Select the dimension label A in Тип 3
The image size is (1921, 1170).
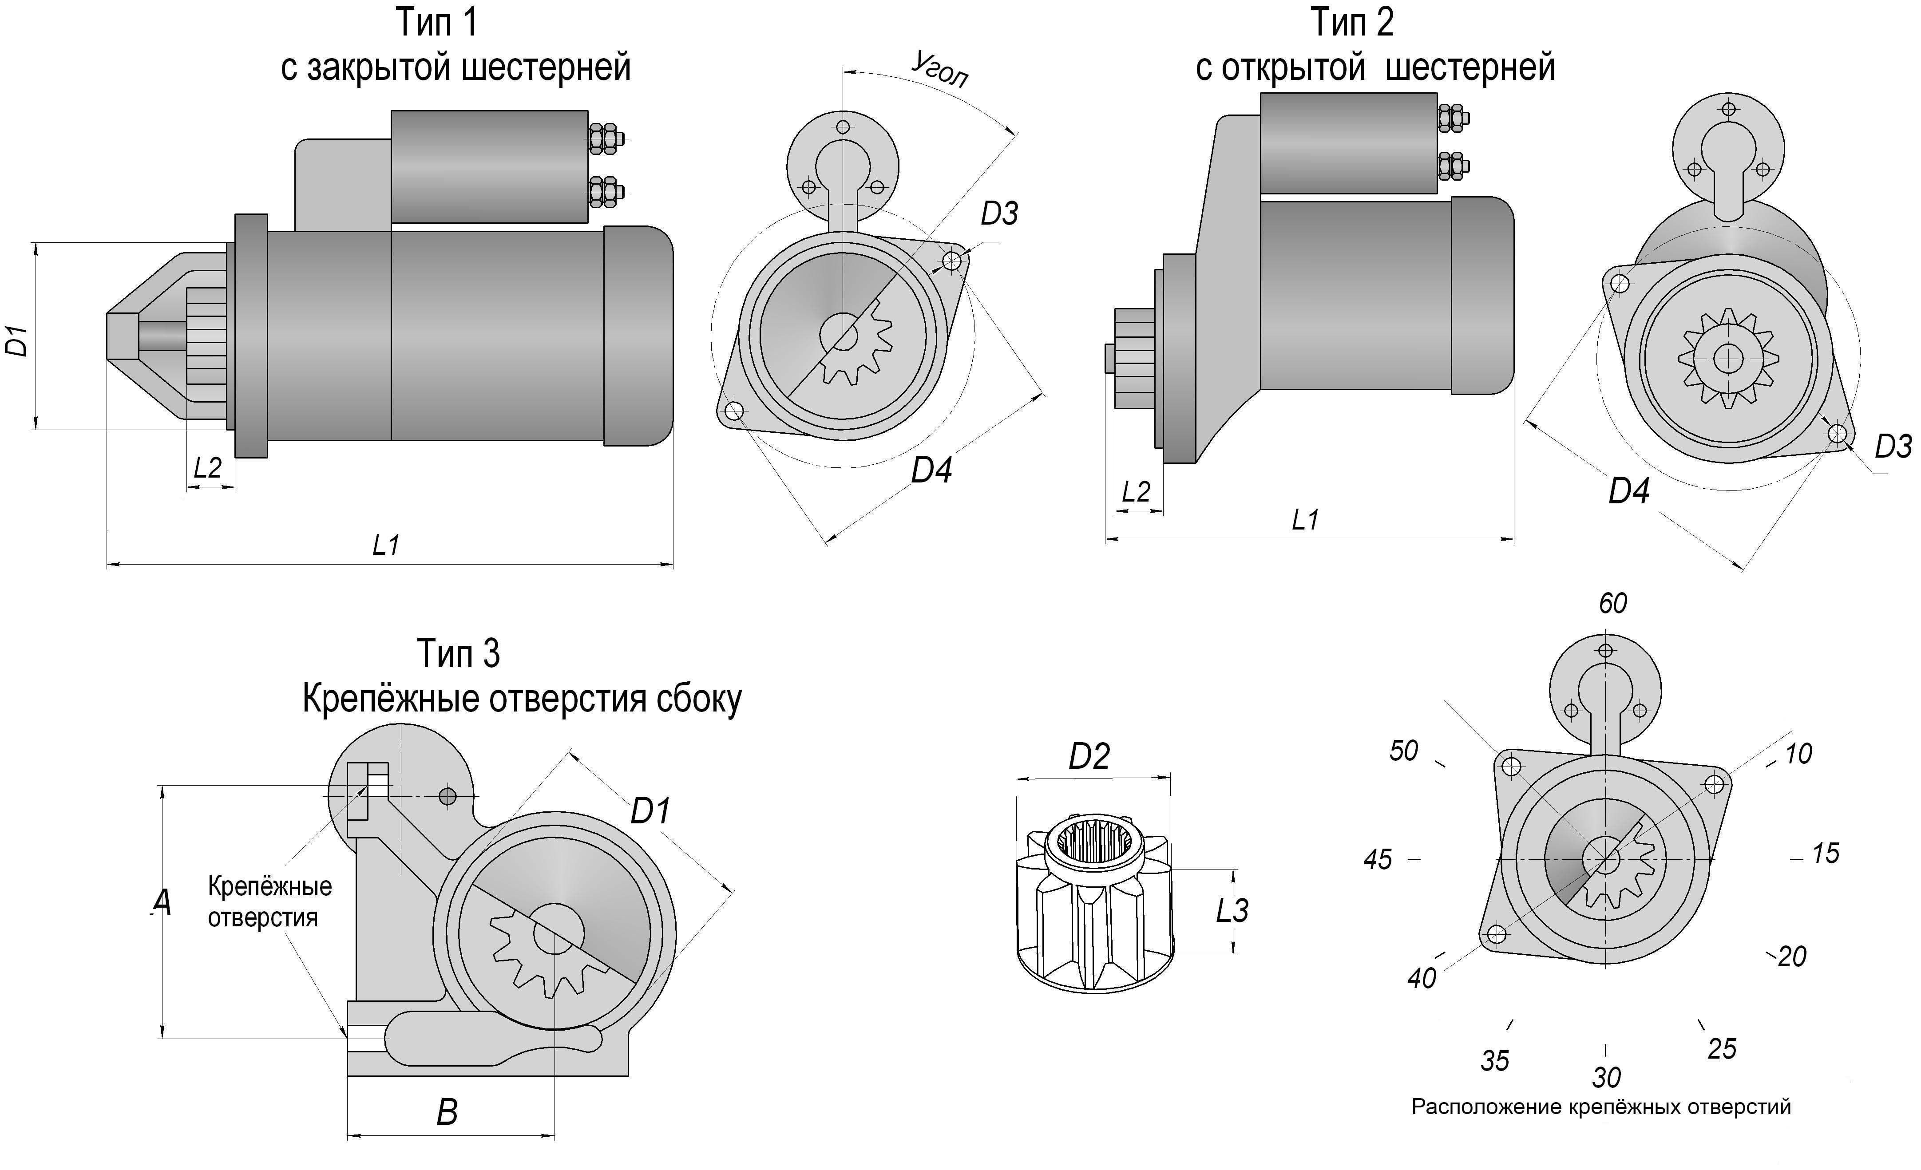(x=162, y=903)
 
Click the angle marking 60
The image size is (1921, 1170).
(x=1612, y=603)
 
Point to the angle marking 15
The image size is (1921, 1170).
(x=1825, y=854)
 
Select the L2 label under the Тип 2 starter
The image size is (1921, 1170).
(x=1136, y=492)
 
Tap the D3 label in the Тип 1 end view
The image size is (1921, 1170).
(x=999, y=213)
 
